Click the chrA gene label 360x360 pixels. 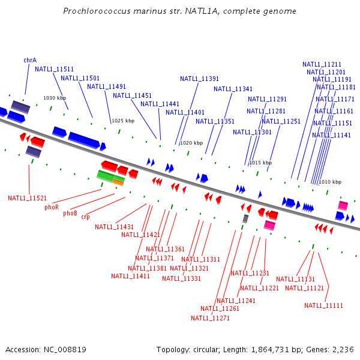[30, 60]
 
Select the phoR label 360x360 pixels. [52, 207]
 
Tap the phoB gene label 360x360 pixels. [70, 213]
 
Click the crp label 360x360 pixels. [86, 217]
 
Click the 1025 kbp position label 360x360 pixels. [123, 121]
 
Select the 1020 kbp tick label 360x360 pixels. [191, 143]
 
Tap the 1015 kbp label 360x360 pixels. [260, 163]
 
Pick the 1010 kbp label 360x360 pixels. [330, 182]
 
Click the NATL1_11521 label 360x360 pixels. [27, 198]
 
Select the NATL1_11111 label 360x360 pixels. [323, 305]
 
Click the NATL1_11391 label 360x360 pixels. [199, 79]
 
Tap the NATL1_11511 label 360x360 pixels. [54, 69]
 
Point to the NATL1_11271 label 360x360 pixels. [210, 318]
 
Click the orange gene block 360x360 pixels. [118, 182]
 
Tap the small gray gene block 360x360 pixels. [245, 219]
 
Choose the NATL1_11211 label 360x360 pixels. [322, 64]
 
